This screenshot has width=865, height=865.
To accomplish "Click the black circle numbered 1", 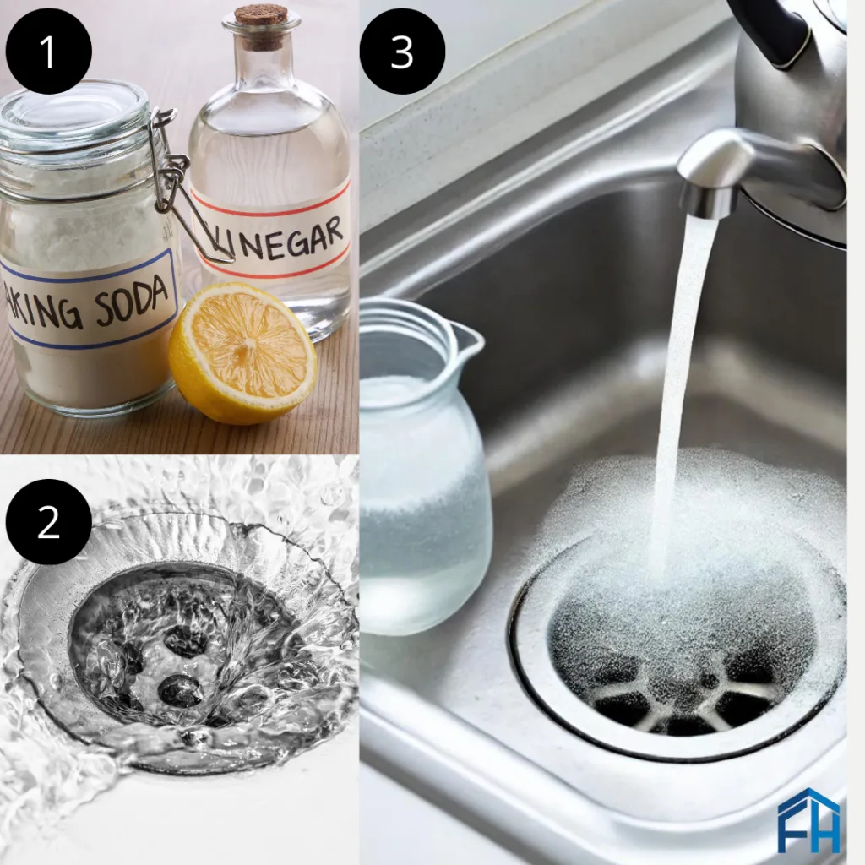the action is tap(48, 52).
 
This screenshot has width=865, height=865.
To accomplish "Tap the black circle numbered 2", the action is tap(48, 521).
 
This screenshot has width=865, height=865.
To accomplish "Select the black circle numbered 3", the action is tap(402, 52).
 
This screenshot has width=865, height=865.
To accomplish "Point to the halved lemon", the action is tap(242, 353).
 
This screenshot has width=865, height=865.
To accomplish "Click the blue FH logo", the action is tap(808, 822).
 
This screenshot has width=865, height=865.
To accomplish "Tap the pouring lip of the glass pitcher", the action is tap(470, 335).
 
